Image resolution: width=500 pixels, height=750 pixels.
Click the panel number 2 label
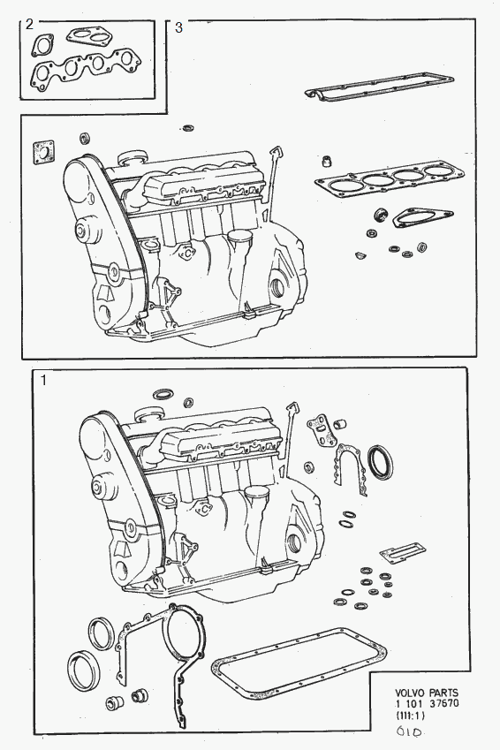click(30, 25)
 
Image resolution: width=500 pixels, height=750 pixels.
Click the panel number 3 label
click(179, 27)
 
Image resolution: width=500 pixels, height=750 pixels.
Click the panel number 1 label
click(43, 382)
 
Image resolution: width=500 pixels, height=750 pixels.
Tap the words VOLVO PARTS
click(426, 693)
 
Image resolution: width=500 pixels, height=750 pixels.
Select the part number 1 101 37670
click(427, 703)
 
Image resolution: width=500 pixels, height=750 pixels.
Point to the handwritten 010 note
click(409, 731)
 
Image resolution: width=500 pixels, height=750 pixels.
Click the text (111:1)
click(411, 716)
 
